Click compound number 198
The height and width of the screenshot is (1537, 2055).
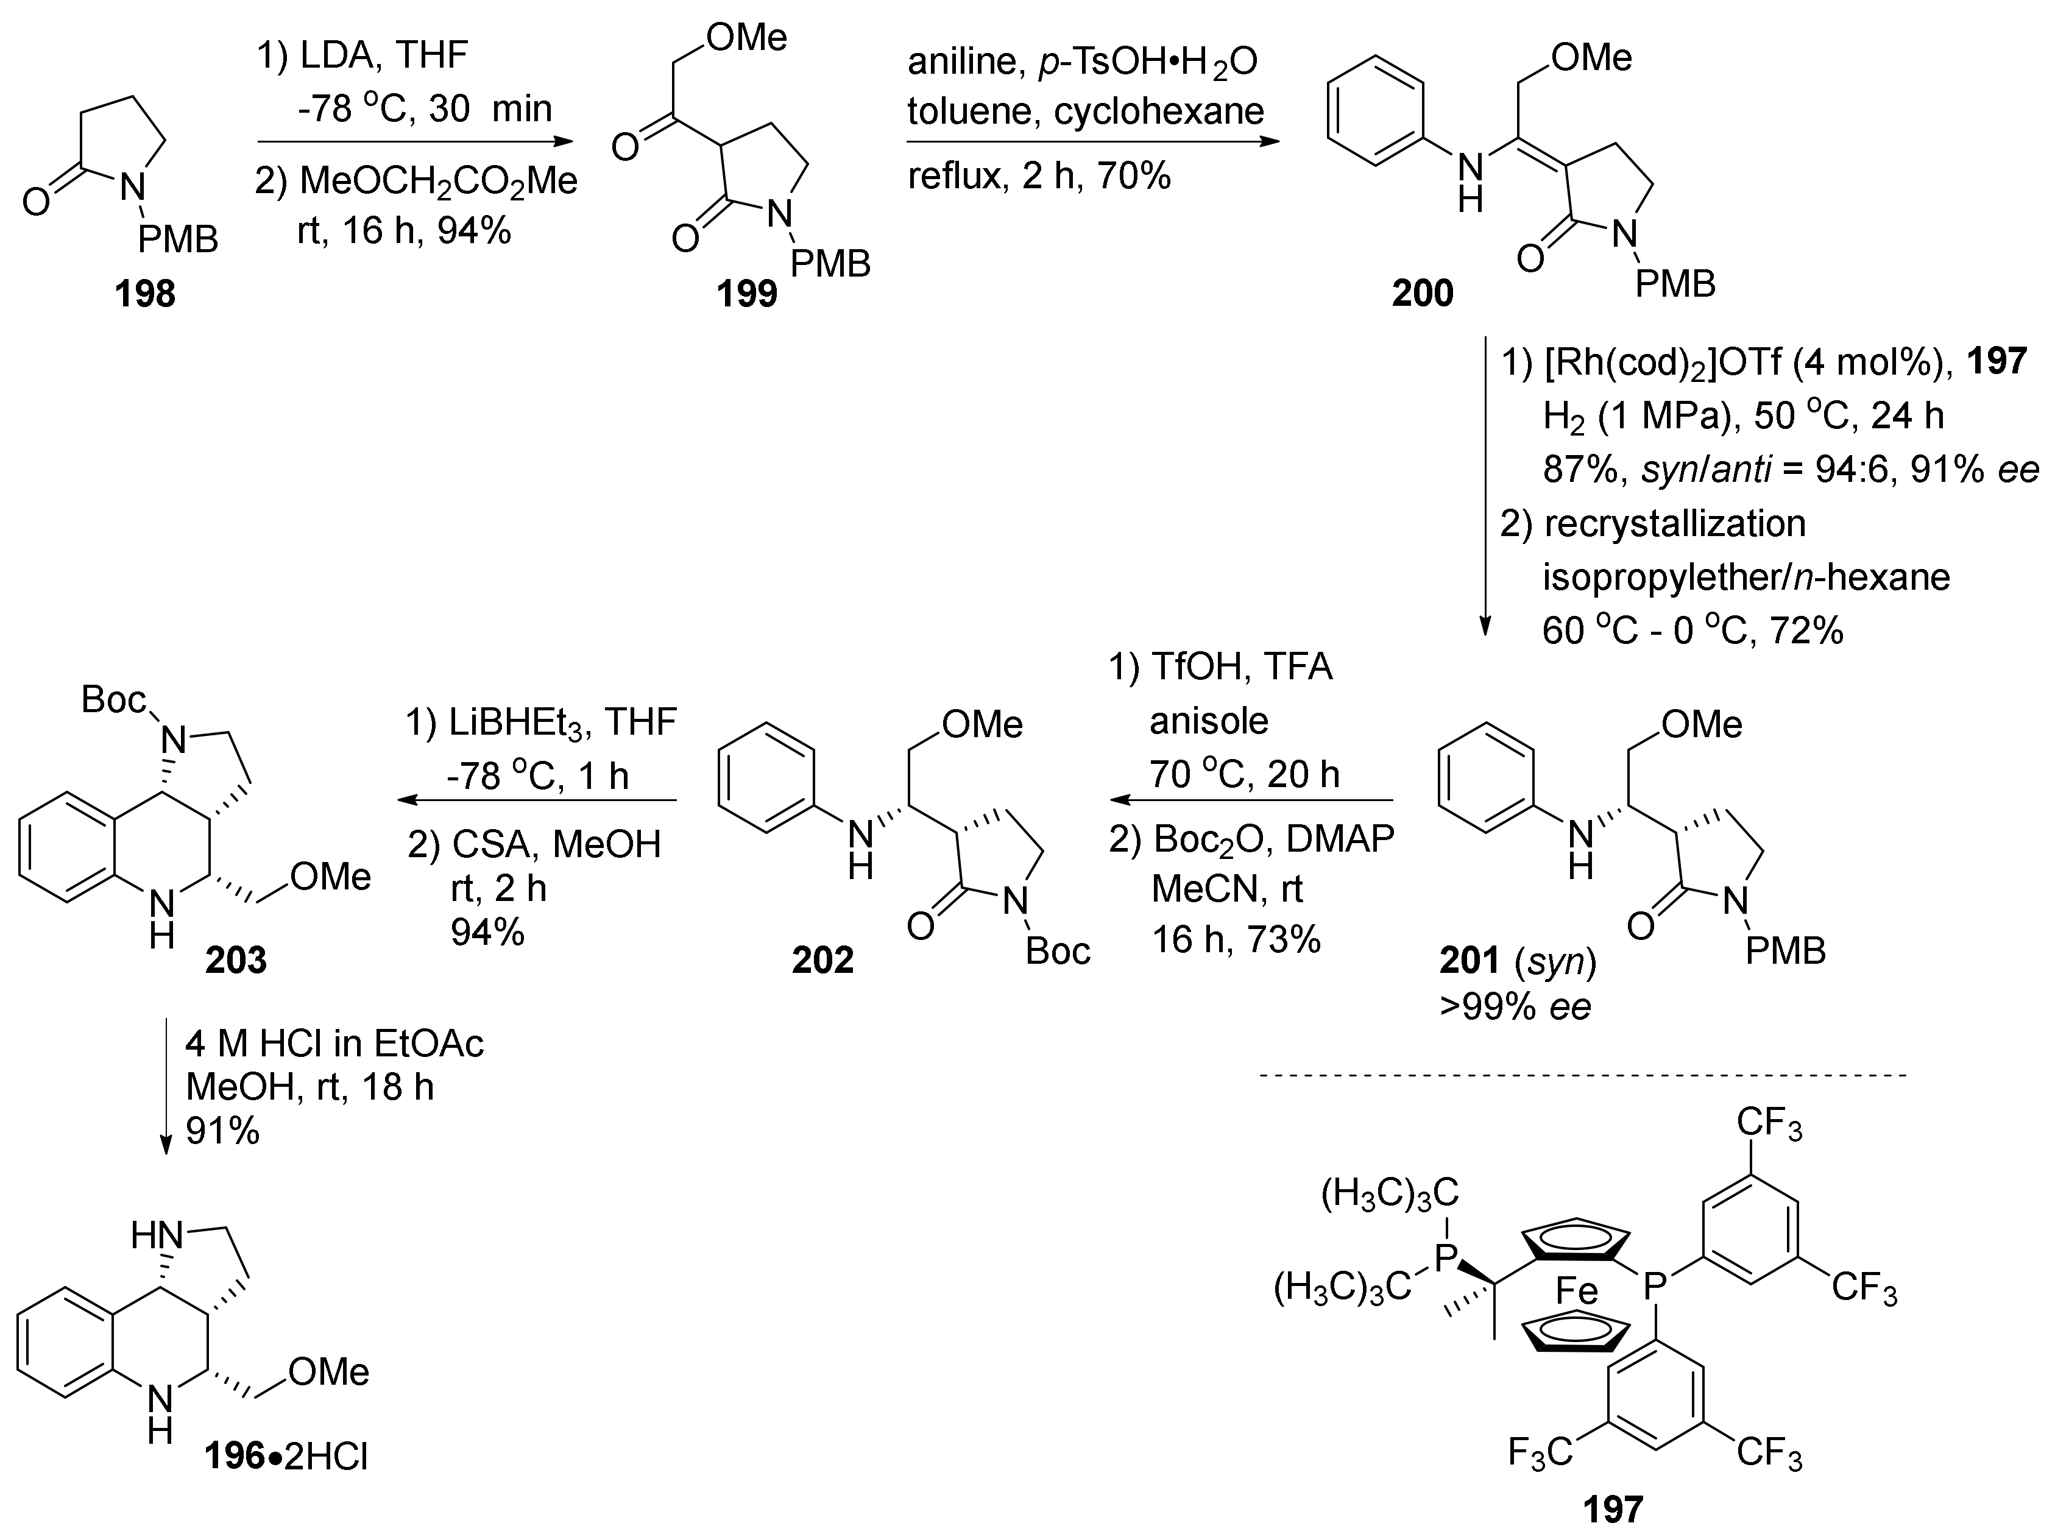click(145, 294)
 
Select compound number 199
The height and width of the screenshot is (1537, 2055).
click(747, 294)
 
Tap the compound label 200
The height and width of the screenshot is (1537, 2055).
click(1423, 294)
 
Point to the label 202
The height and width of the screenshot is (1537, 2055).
click(822, 960)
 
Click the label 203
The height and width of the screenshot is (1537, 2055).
click(236, 960)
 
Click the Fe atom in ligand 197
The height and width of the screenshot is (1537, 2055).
click(1577, 1291)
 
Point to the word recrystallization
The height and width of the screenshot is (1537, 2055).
click(1675, 525)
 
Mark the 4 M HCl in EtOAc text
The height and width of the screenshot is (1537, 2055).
click(334, 1045)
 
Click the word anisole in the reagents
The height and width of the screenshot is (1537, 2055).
click(1209, 719)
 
